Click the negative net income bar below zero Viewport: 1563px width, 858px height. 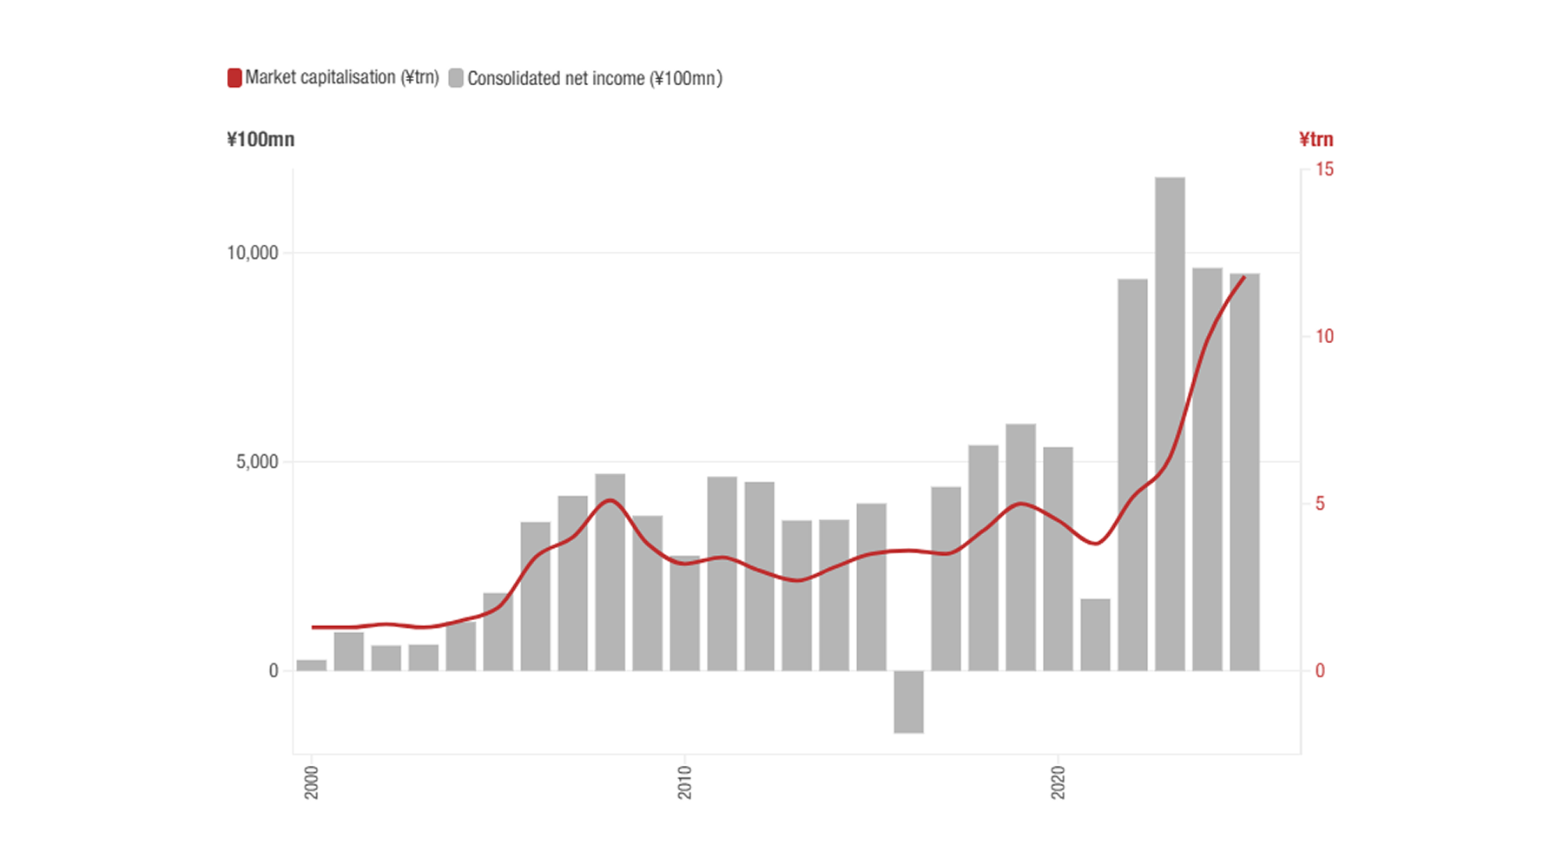pyautogui.click(x=908, y=702)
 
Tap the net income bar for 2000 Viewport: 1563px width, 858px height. pyautogui.click(x=312, y=665)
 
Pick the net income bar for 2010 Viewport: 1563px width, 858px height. pyautogui.click(x=684, y=613)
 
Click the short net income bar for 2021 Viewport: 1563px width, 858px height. pyautogui.click(x=1095, y=635)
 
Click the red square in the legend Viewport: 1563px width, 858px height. pyautogui.click(x=234, y=78)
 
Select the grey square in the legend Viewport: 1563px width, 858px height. pyautogui.click(x=456, y=78)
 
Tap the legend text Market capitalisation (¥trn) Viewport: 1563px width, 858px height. pyautogui.click(x=341, y=77)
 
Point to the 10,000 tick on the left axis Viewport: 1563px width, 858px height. pyautogui.click(x=253, y=253)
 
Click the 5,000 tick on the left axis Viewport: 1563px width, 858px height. pyautogui.click(x=257, y=462)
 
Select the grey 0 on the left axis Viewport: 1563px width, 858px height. pyautogui.click(x=274, y=670)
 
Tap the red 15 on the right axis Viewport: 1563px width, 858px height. pyautogui.click(x=1324, y=169)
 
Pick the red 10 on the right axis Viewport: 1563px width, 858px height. pyautogui.click(x=1324, y=336)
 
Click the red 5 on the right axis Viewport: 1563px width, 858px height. pyautogui.click(x=1320, y=504)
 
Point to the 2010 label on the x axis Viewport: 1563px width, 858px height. pyautogui.click(x=685, y=782)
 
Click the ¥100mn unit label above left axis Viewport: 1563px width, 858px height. pyautogui.click(x=260, y=140)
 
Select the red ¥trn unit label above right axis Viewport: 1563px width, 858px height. pyautogui.click(x=1316, y=140)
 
